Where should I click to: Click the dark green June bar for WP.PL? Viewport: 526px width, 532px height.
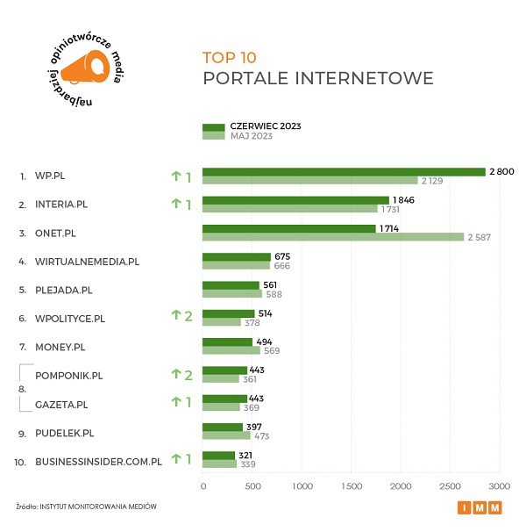(344, 172)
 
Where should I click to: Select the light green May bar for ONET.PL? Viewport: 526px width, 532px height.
(333, 236)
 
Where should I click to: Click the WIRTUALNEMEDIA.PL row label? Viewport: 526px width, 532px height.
(87, 262)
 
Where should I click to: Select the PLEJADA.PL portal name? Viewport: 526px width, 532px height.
(63, 289)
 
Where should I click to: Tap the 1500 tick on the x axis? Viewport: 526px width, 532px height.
(352, 485)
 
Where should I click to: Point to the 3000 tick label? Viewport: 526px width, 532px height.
(500, 485)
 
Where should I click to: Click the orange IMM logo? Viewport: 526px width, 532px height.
(481, 507)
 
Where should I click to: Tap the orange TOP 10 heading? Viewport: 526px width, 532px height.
(230, 58)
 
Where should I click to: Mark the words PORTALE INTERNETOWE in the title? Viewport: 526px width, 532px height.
(317, 79)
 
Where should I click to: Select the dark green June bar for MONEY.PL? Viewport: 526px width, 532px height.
(227, 342)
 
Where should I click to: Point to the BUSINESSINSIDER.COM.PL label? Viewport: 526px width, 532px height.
(98, 460)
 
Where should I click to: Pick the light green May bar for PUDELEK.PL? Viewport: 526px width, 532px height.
(226, 436)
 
